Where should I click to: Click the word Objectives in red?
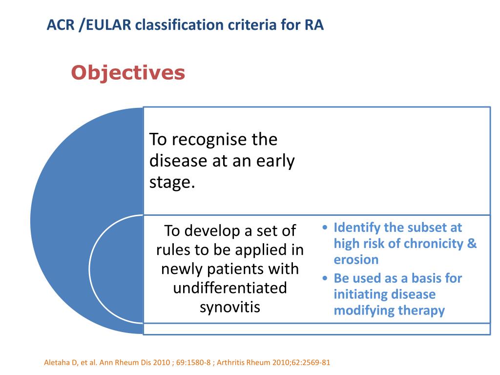(128, 73)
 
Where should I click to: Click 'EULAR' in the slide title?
(108, 25)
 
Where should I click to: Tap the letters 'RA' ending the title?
(314, 25)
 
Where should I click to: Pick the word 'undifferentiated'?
(230, 288)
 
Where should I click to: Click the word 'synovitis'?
(230, 307)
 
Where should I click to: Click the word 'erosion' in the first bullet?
(356, 260)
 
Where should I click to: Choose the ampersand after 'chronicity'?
(472, 244)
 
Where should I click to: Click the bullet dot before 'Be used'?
(326, 279)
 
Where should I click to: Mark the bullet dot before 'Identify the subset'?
(326, 228)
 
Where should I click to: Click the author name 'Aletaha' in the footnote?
(54, 363)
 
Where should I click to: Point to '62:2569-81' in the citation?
(310, 363)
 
